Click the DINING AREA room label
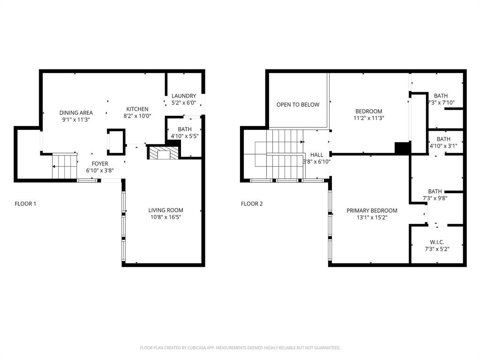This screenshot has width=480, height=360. (76, 112)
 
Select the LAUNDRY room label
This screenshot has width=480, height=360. (184, 96)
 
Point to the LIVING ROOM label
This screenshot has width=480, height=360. (165, 210)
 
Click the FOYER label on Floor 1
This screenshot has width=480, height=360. (100, 164)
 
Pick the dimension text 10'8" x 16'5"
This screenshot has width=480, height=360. (165, 217)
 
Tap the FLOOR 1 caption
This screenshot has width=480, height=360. (25, 204)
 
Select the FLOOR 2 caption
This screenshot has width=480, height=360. (252, 204)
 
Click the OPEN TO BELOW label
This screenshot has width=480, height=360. (298, 105)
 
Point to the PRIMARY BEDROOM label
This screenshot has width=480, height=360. (372, 210)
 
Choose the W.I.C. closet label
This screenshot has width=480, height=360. (436, 242)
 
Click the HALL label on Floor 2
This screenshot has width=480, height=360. (317, 155)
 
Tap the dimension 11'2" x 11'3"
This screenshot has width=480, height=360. (368, 118)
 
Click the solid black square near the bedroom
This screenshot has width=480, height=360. (402, 148)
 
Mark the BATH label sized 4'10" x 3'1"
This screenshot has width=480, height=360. (443, 139)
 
